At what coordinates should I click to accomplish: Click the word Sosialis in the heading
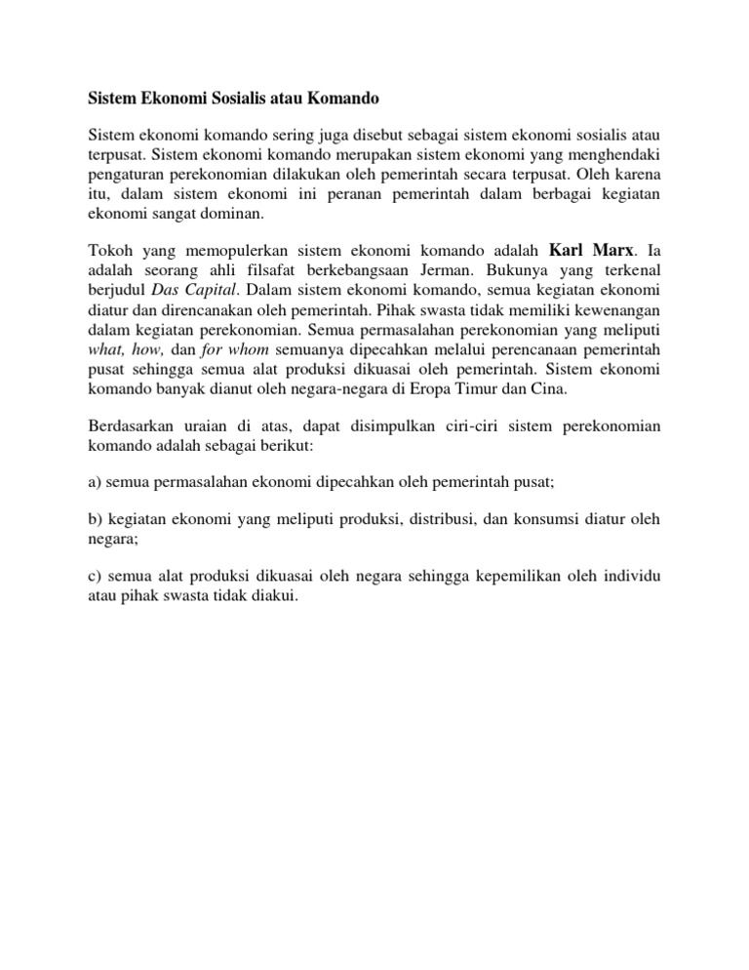pyautogui.click(x=227, y=99)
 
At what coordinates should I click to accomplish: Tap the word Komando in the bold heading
pyautogui.click(x=336, y=99)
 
